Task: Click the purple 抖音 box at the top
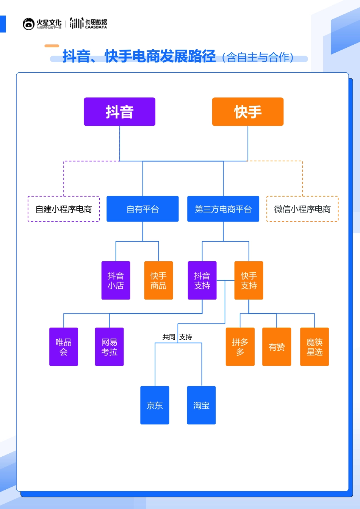tap(119, 112)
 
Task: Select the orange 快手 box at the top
tap(247, 112)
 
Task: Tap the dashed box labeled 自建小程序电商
tap(64, 209)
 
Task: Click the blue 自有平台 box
tap(142, 209)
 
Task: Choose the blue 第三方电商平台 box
tap(223, 209)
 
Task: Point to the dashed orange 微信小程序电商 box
tap(302, 209)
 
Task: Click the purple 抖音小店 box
tap(116, 281)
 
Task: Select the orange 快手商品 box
tap(158, 281)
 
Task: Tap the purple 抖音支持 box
tap(202, 281)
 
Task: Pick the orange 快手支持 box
tap(249, 281)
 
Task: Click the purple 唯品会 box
tap(64, 347)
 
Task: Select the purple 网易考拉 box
tap(109, 347)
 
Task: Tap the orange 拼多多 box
tap(240, 347)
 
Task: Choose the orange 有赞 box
tap(277, 347)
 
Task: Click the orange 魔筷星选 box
tap(315, 347)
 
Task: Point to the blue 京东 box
tap(155, 405)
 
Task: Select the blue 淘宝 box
tap(201, 405)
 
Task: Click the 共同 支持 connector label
tap(177, 337)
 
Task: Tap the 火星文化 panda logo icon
tap(28, 24)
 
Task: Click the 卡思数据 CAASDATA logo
tap(89, 23)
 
